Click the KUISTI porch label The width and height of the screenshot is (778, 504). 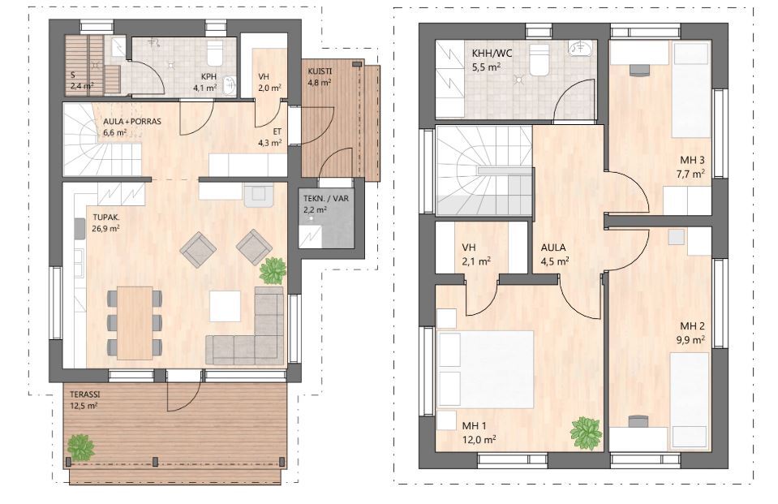point(320,71)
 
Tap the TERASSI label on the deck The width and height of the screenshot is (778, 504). point(85,394)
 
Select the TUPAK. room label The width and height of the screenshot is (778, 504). point(106,218)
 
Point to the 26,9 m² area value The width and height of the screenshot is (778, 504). point(105,228)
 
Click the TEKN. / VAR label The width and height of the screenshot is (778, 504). point(326,199)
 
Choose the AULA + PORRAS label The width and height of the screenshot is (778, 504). point(132,122)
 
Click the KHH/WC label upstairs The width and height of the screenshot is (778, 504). point(492,53)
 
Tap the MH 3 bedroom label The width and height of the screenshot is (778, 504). point(692,161)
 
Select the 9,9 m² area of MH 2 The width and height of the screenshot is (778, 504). point(692,339)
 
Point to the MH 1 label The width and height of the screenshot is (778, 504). point(474,426)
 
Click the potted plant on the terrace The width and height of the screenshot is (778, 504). point(80,446)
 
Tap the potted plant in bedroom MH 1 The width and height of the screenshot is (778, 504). point(586,433)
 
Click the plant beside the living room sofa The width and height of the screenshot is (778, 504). point(273,270)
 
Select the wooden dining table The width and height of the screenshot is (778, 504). point(135,323)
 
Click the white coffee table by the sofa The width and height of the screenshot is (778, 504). point(225,306)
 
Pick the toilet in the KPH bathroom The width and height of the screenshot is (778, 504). point(214,53)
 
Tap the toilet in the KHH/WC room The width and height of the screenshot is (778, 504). point(539,59)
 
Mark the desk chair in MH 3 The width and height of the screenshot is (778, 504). point(639,70)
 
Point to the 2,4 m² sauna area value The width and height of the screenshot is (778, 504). point(82,86)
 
